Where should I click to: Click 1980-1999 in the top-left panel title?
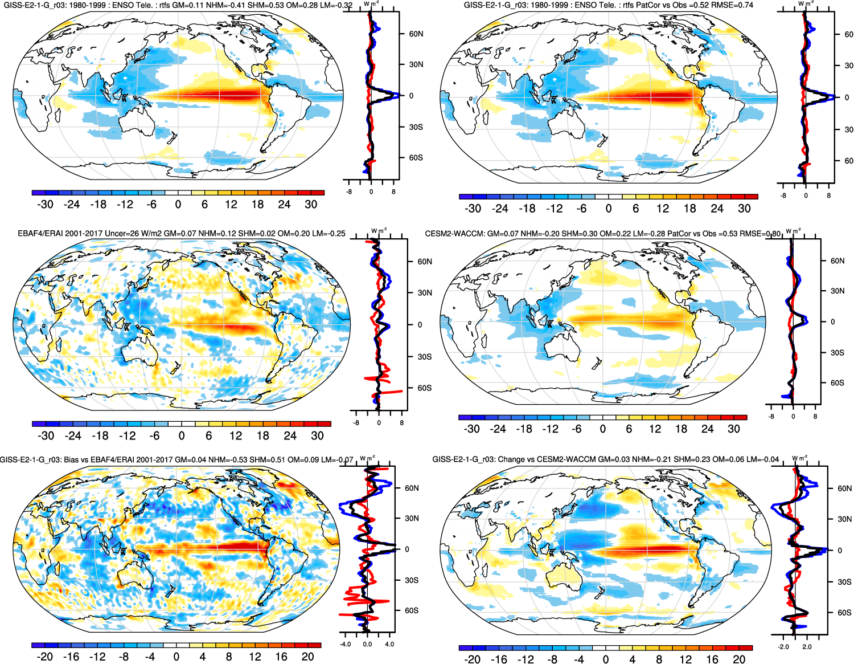pos(80,5)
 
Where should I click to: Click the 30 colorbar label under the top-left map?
pos(311,204)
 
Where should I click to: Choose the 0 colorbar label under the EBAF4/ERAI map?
pos(182,435)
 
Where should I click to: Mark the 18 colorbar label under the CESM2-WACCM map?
pos(681,429)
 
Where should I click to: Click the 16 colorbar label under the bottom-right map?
pos(712,659)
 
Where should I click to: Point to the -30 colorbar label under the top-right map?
pos(473,209)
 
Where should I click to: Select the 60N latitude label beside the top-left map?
pos(416,34)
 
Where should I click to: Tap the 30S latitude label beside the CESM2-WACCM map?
pos(837,352)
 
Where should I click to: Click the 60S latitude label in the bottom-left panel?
pos(412,610)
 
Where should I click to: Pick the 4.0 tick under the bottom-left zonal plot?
pos(389,645)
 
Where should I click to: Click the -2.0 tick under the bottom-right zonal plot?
pos(783,647)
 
